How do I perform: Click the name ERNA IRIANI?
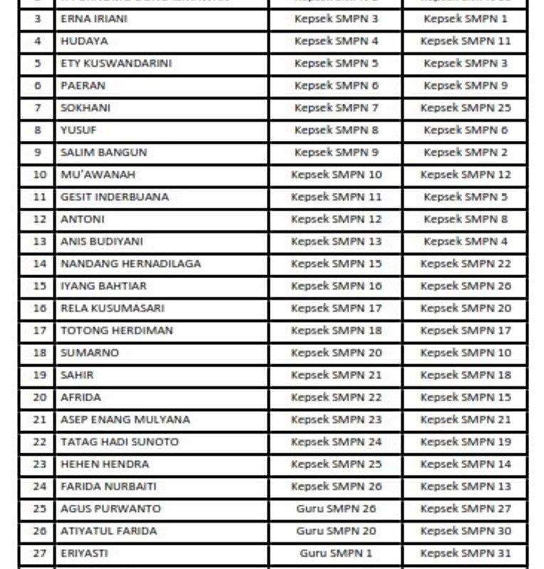coord(94,19)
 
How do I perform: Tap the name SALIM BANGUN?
coord(103,152)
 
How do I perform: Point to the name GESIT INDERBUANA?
coord(114,197)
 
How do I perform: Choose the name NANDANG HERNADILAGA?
coord(130,264)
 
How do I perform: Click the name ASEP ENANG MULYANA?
coord(125,420)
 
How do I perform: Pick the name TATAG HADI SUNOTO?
coord(119,442)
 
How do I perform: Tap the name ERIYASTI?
coord(84,553)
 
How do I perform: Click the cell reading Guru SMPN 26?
coord(336,509)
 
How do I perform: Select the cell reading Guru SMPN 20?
coord(336,531)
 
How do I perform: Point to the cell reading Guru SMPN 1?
coord(336,553)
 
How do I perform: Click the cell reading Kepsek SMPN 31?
coord(466,553)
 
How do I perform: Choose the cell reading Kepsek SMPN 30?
coord(466,531)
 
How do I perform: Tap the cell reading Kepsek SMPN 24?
coord(336,442)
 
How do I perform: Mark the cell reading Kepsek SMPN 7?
coord(336,108)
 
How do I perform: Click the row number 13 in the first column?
coord(39,242)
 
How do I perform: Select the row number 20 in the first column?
coord(39,398)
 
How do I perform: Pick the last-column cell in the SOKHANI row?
coord(466,108)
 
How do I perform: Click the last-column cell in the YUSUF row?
coord(466,130)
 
